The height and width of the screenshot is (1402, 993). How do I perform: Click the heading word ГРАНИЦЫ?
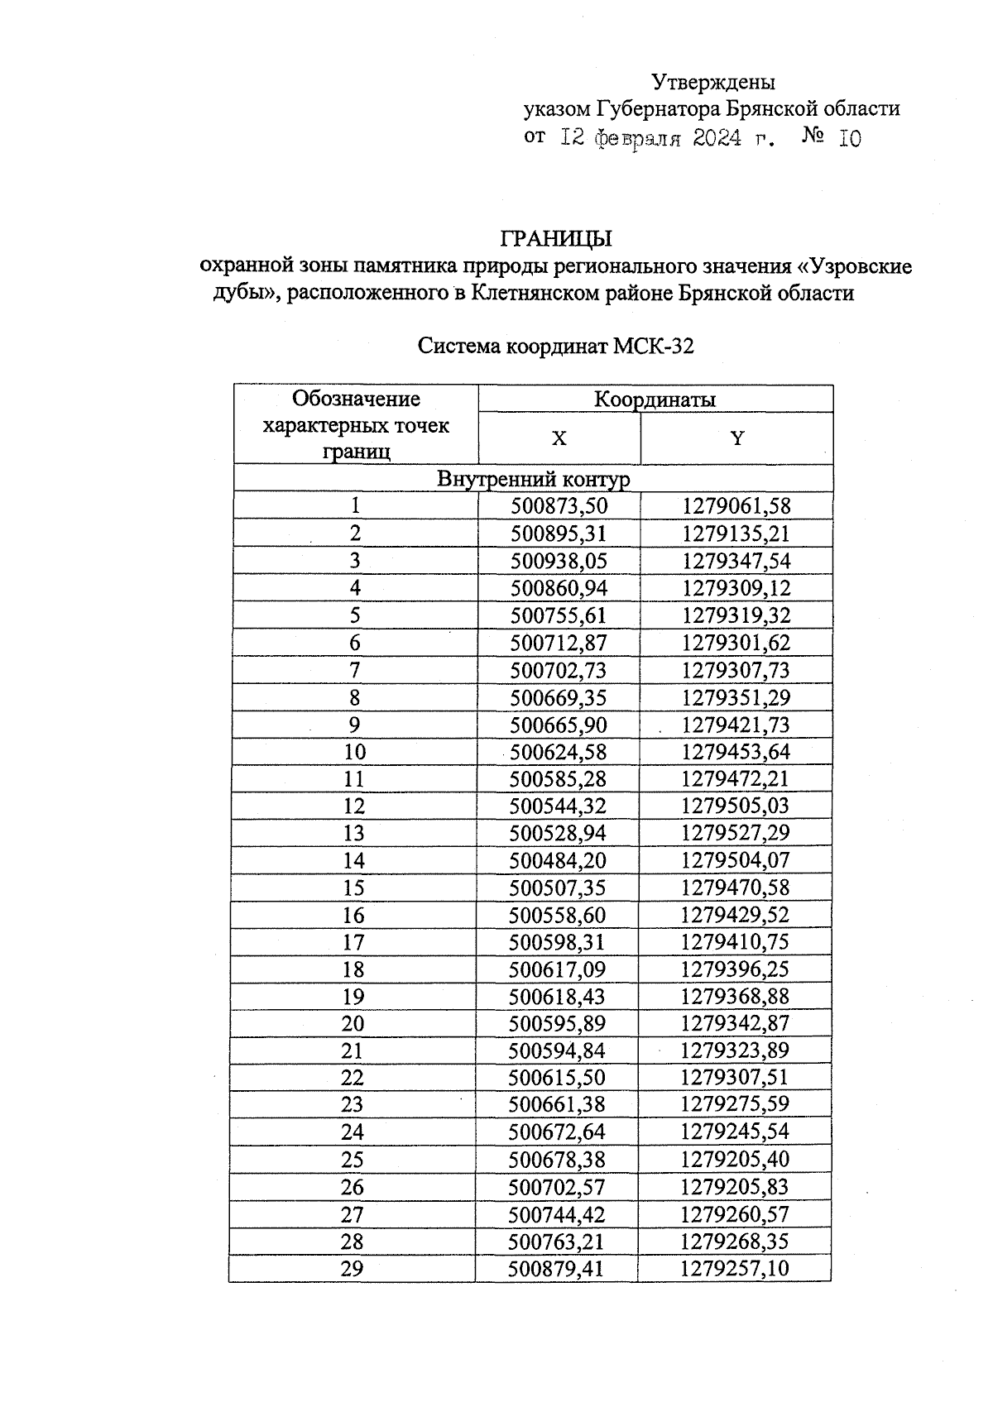click(x=556, y=239)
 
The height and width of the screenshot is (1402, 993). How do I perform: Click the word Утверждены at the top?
click(x=713, y=82)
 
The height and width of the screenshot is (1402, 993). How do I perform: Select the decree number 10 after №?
click(x=850, y=139)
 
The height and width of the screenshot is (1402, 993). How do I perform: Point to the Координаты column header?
click(x=655, y=400)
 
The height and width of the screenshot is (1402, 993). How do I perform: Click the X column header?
click(x=559, y=438)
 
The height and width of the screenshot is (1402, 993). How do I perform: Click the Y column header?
click(x=737, y=438)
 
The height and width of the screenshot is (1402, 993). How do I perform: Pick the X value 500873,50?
click(x=559, y=506)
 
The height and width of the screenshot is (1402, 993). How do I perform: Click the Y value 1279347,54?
click(x=736, y=561)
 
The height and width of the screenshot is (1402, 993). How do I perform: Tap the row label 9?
click(x=355, y=725)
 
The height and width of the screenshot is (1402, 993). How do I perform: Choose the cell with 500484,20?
click(x=559, y=860)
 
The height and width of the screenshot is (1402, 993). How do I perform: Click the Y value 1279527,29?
click(x=736, y=833)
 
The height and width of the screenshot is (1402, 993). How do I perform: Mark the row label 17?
click(x=353, y=942)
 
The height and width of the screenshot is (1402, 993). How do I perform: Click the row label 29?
click(x=353, y=1269)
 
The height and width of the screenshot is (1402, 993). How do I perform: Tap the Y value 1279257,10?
click(x=735, y=1269)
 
